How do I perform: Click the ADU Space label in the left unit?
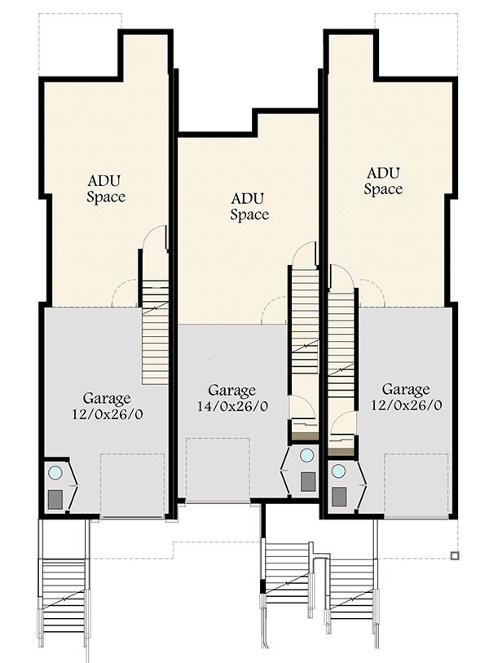click(106, 188)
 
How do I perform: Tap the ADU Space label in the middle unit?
click(249, 206)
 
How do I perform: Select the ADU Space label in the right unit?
click(383, 181)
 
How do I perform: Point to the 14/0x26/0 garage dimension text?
click(232, 405)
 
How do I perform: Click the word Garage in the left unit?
click(107, 399)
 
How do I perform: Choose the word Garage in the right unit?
click(406, 389)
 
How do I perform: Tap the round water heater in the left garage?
click(55, 472)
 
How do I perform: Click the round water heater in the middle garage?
click(306, 456)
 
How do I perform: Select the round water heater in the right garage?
click(338, 471)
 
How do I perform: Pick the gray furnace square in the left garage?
click(55, 498)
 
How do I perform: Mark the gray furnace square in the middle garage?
click(307, 481)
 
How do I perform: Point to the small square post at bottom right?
click(454, 556)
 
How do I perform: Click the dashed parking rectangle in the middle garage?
click(217, 470)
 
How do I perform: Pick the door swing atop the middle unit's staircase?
click(304, 254)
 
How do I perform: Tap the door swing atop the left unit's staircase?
click(155, 238)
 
